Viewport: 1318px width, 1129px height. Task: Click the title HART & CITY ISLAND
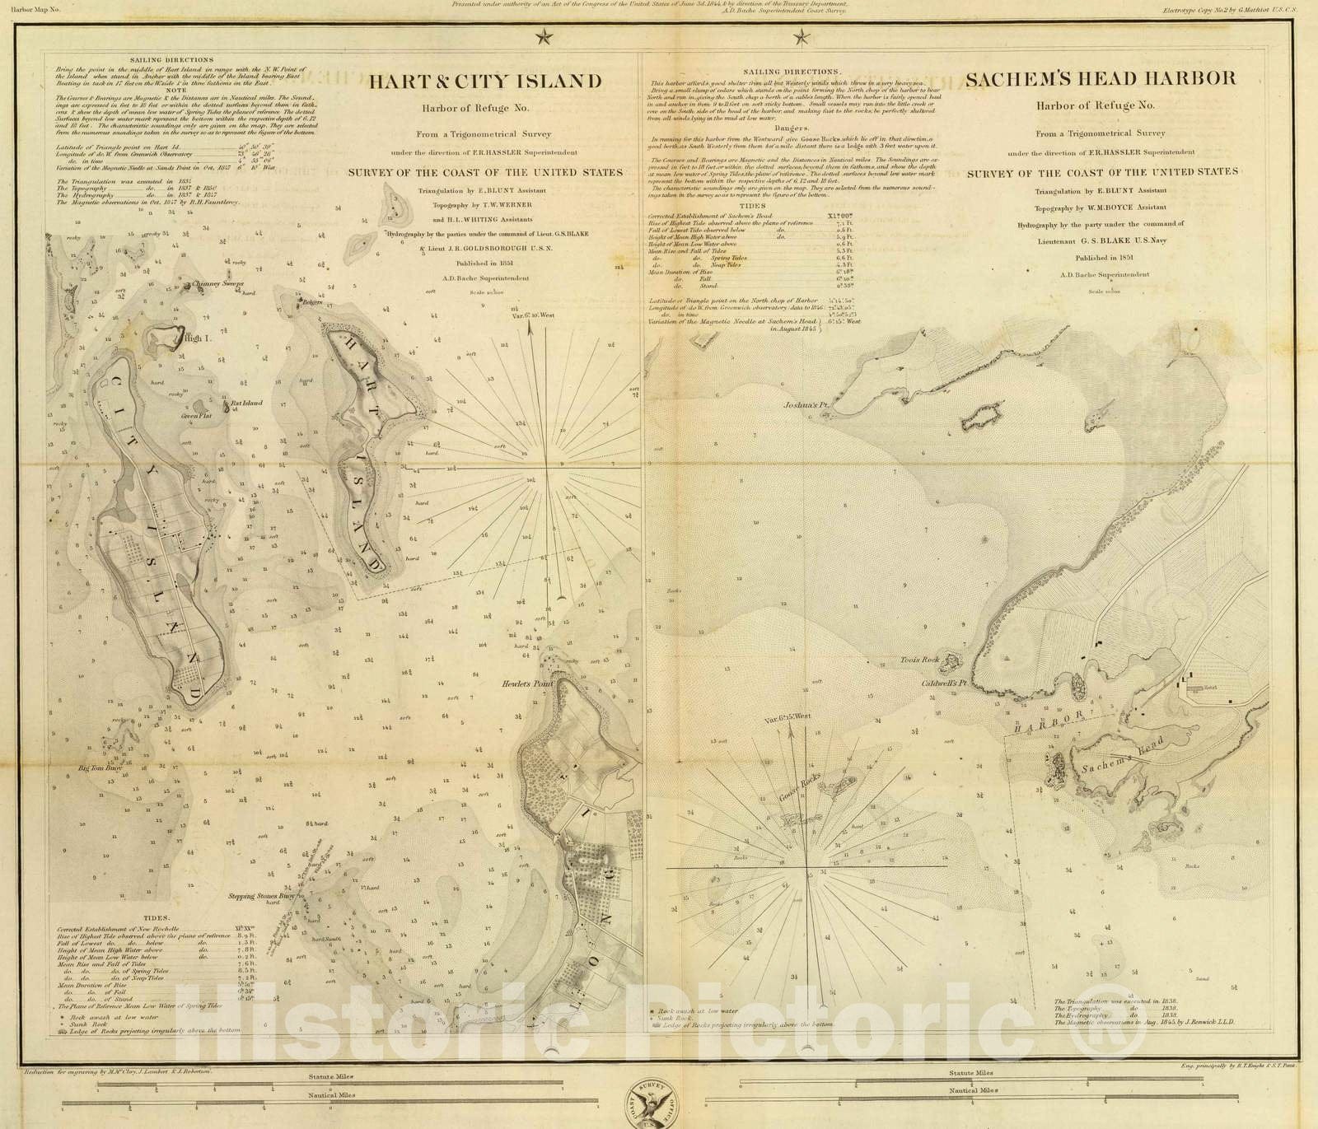click(x=484, y=81)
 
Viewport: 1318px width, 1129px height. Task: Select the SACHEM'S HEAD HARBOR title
click(x=1101, y=79)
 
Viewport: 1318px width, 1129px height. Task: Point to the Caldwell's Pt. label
click(x=943, y=683)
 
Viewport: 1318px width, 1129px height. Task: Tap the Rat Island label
click(x=245, y=404)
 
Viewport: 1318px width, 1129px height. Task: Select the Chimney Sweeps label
click(x=217, y=284)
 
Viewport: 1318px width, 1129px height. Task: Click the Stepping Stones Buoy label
click(x=262, y=895)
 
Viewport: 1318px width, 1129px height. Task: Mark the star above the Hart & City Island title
click(x=542, y=36)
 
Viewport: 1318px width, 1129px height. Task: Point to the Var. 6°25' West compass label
click(x=787, y=717)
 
